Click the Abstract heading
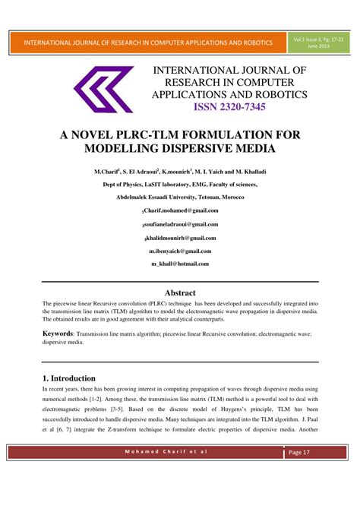[x=180, y=292]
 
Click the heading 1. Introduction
[x=68, y=378]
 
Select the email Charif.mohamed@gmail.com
[x=180, y=210]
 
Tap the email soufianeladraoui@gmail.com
[x=180, y=224]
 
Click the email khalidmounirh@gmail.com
[x=180, y=238]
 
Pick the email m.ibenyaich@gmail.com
[x=180, y=251]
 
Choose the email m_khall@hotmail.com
[x=180, y=264]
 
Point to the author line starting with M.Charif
[x=180, y=172]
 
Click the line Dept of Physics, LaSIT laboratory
[x=180, y=184]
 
